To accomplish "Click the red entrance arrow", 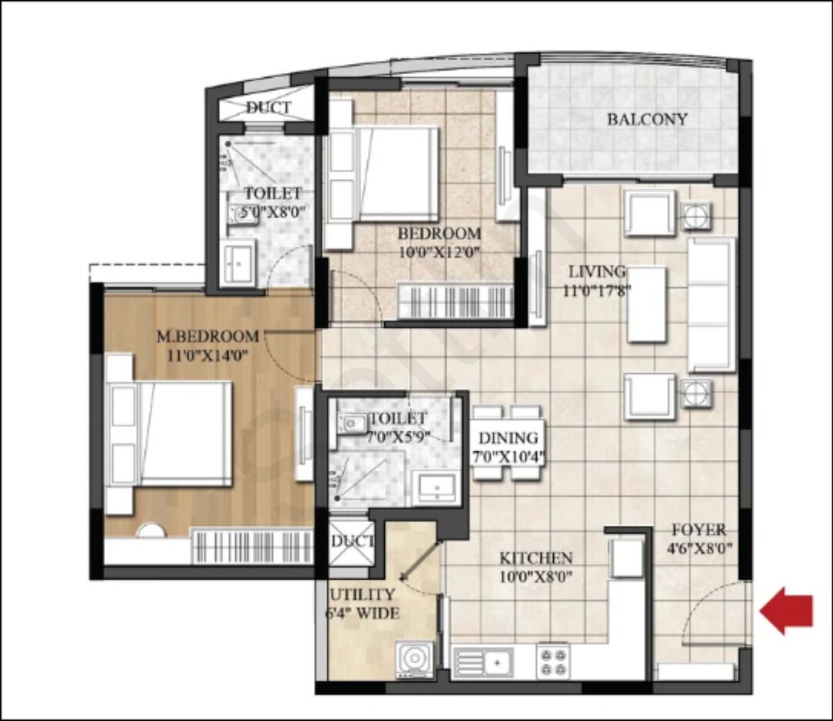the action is coord(787,611).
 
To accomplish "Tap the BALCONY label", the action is coord(647,119).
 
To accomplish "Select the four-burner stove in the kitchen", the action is coord(553,661).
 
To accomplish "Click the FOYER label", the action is coord(699,530).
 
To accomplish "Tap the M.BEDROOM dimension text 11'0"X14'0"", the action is coord(208,355).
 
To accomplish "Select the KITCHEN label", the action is coord(536,558).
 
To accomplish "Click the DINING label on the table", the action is coord(508,438).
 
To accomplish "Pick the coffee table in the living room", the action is coord(646,305).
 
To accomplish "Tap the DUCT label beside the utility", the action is coord(352,541).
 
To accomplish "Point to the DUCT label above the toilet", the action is coord(269,107).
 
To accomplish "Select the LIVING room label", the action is coord(597,271).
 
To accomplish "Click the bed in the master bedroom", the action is coord(170,433).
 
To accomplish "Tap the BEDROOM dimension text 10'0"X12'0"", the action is coord(440,251).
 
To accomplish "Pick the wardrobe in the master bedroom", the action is coord(252,546).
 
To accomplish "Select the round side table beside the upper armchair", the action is coord(696,215).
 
